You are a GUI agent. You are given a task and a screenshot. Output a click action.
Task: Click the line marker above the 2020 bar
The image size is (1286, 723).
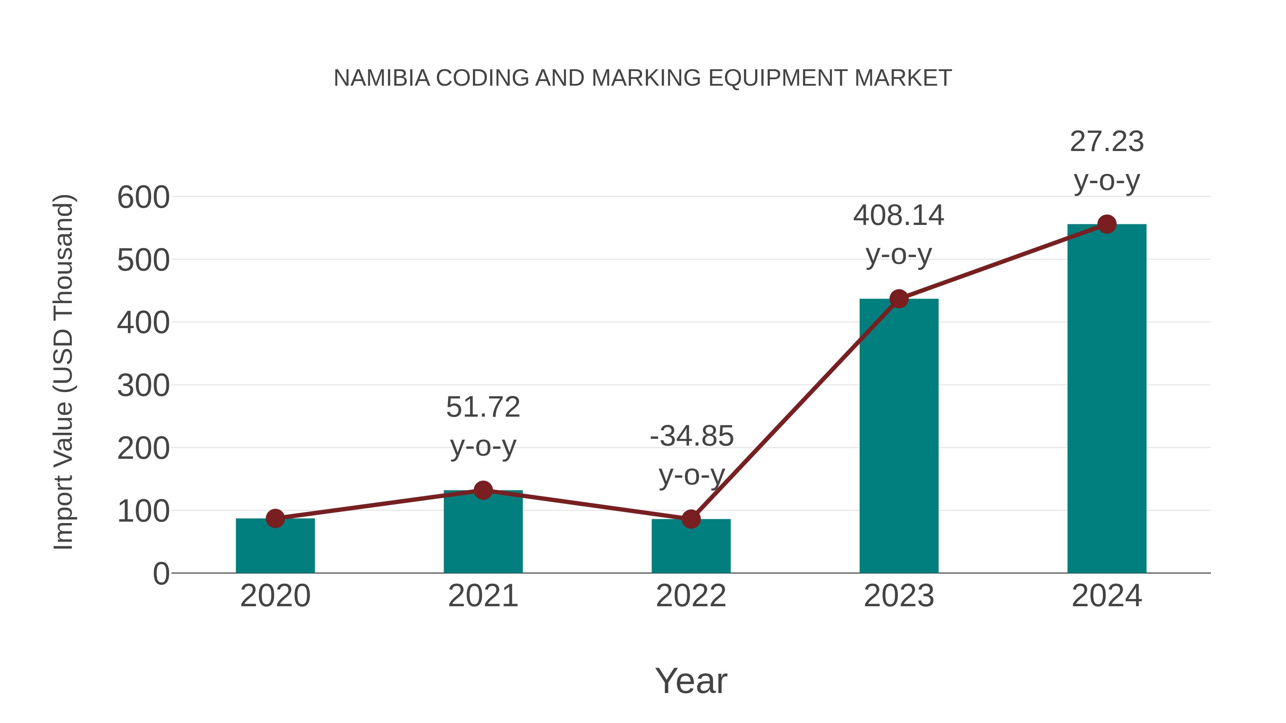point(275,518)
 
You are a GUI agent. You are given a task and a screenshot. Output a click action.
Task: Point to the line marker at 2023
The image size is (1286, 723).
point(899,299)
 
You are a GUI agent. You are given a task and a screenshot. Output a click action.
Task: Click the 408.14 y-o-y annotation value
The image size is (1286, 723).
point(899,216)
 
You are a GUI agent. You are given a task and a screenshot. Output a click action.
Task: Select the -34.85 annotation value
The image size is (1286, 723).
point(692,436)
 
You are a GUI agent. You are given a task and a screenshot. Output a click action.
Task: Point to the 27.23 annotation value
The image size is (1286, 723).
point(1107,142)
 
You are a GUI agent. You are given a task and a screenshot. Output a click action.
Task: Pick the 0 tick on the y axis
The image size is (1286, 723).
point(161,574)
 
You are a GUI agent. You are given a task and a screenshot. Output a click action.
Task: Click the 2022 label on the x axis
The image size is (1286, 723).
point(691,596)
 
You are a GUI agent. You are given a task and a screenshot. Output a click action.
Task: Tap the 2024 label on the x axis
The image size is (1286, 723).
point(1106,596)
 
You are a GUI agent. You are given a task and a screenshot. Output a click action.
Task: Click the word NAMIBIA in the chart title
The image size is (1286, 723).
point(382,78)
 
